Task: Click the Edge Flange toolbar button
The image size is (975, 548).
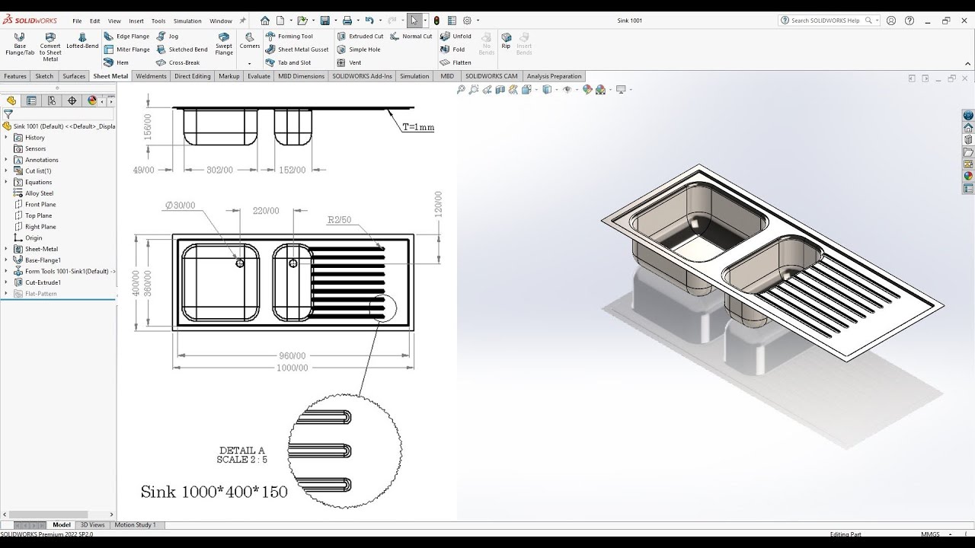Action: click(127, 37)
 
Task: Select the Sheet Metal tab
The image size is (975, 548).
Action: click(110, 76)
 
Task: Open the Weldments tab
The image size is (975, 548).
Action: click(151, 76)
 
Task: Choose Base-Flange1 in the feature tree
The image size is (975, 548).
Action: click(43, 260)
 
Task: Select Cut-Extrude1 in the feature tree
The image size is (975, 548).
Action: click(43, 282)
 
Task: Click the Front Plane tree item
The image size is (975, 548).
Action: click(40, 205)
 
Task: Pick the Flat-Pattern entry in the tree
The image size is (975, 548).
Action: click(40, 294)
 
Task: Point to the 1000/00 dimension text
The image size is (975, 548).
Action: click(293, 368)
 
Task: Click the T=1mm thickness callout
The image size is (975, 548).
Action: click(418, 128)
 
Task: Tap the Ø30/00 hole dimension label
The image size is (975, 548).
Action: click(180, 205)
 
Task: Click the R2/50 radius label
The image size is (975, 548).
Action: click(339, 220)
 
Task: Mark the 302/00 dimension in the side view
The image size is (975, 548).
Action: click(219, 170)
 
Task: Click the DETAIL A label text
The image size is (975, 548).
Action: click(242, 451)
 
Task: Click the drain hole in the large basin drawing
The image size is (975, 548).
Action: click(240, 263)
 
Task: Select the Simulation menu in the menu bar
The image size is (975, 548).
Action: click(187, 21)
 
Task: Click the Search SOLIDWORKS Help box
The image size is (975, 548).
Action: click(827, 21)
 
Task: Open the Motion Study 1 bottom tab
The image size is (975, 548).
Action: click(135, 525)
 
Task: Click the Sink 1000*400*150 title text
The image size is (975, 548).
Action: click(214, 492)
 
